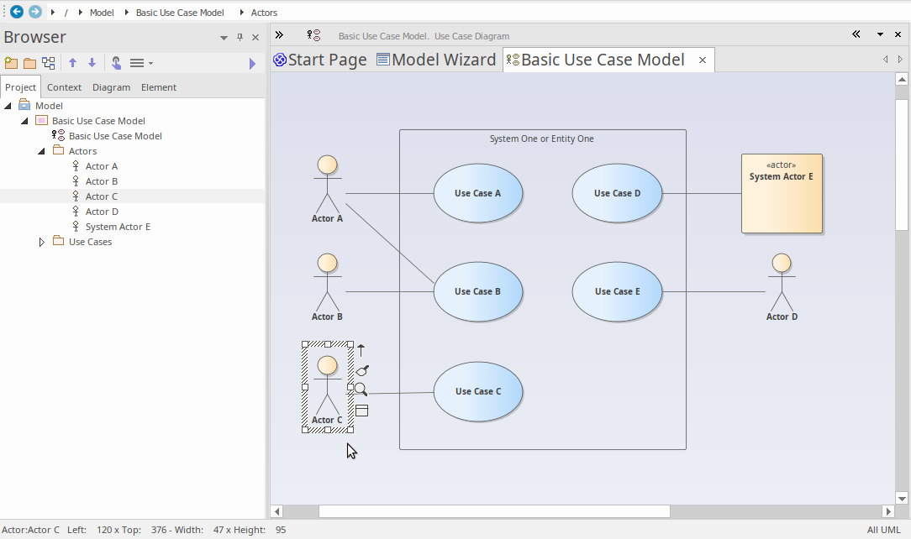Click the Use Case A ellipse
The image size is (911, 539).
tap(477, 193)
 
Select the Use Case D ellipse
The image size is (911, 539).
tap(617, 193)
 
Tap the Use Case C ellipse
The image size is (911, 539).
tap(477, 391)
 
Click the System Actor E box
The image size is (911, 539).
tap(782, 194)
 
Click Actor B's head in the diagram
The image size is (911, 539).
tap(327, 264)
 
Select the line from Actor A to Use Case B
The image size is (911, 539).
tap(390, 243)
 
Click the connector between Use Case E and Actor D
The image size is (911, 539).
tap(714, 292)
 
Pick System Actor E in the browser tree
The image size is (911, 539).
tap(118, 227)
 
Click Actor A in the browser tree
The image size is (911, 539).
tap(102, 166)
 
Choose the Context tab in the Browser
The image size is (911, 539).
tap(64, 87)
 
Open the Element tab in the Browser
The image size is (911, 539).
tap(159, 87)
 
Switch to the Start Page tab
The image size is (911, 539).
tap(320, 60)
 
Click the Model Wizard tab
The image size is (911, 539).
tap(436, 60)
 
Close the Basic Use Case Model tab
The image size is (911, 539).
tap(703, 60)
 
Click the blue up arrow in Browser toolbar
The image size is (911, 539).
tap(72, 63)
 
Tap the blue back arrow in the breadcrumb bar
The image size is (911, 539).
tap(17, 12)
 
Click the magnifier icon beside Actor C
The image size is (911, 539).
tap(361, 390)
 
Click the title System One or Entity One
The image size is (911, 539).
tap(541, 139)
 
